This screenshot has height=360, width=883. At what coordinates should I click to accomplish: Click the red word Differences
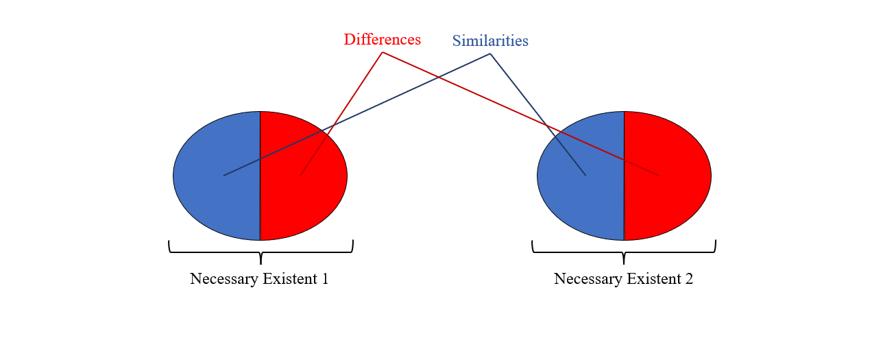(382, 40)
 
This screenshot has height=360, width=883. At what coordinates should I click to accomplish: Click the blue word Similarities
(490, 41)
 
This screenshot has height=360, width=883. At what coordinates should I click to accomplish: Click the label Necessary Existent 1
(259, 279)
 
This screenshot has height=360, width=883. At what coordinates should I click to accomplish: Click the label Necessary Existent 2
(623, 279)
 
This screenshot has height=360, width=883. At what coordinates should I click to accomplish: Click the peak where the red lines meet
(382, 52)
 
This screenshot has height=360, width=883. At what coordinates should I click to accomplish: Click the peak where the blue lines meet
(490, 53)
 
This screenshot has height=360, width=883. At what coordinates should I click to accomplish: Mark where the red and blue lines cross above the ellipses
(439, 77)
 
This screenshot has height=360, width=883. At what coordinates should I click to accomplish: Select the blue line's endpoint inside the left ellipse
(224, 176)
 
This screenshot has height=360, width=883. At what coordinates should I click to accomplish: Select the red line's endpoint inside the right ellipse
(659, 176)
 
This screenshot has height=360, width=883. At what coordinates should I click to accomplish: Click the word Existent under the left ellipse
(291, 279)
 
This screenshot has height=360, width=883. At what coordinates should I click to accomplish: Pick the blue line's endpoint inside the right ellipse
(585, 175)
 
